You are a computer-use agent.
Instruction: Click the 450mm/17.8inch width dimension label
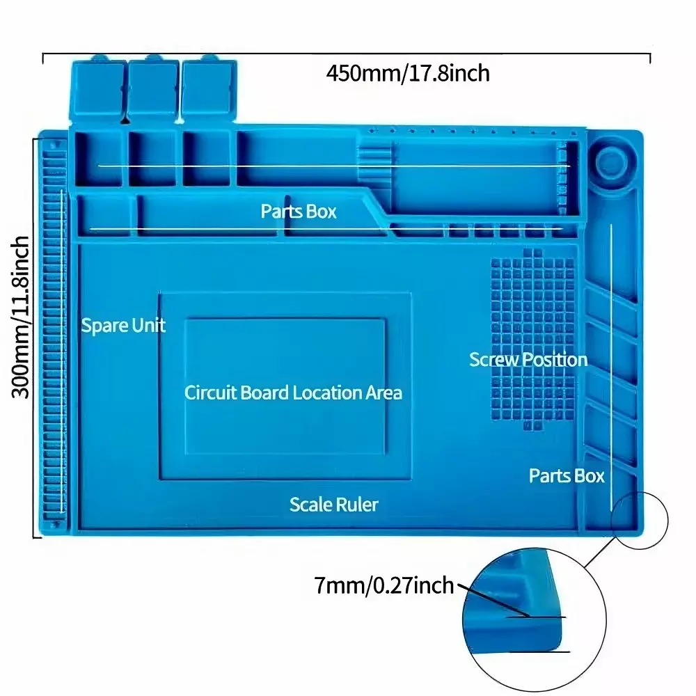pos(408,72)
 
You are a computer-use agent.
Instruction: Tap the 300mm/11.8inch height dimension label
pos(21,317)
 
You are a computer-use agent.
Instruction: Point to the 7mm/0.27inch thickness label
pos(384,585)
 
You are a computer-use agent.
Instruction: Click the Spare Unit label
pos(123,325)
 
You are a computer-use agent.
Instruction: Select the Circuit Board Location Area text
pos(293,393)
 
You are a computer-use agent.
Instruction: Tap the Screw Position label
pos(528,360)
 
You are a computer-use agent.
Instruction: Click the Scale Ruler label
pos(334,505)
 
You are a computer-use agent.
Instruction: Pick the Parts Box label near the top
pos(299,211)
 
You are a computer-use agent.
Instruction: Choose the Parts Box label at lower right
pos(567,476)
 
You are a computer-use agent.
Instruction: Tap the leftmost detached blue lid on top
pos(97,87)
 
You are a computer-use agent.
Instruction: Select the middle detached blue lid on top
pos(152,87)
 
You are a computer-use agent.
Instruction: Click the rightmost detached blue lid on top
pos(209,87)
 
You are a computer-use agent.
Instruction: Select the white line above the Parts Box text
pos(334,166)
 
